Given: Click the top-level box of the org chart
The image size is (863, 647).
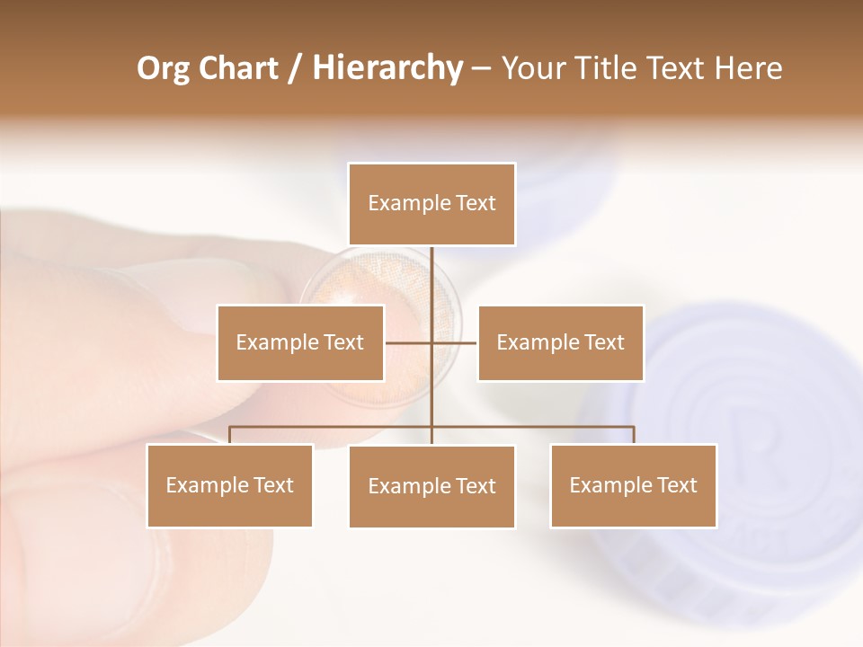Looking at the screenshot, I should [431, 204].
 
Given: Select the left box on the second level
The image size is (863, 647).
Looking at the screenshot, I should [300, 342].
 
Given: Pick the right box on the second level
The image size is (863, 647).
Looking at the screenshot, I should [560, 342].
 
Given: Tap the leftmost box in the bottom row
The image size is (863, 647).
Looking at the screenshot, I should [229, 485].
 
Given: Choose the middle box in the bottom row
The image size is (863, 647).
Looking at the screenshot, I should [431, 486].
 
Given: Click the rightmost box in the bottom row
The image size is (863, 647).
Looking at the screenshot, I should [633, 485].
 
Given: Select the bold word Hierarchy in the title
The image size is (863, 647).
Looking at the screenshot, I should [387, 68].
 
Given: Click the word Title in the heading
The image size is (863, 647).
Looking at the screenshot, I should [609, 68].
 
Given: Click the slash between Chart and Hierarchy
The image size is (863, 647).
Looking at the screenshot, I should [296, 68].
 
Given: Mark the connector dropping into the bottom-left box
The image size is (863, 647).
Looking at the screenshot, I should [229, 435].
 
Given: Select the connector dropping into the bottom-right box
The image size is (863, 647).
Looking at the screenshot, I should [634, 435].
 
